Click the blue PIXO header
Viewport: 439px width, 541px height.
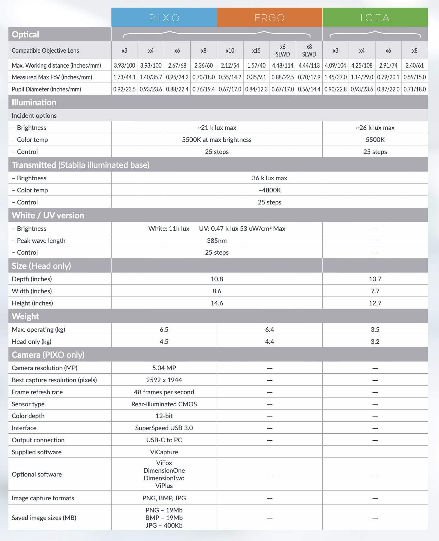click(164, 17)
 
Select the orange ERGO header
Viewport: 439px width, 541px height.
click(269, 17)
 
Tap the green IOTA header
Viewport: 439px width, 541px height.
click(375, 17)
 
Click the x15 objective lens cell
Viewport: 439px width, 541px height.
click(256, 50)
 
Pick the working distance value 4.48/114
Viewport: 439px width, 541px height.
click(283, 65)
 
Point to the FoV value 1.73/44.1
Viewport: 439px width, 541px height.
click(124, 77)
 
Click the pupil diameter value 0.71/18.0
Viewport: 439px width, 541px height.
click(415, 89)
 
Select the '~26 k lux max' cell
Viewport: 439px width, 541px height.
click(375, 128)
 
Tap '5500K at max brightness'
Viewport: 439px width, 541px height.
click(217, 140)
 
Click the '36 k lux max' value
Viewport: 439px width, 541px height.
click(269, 178)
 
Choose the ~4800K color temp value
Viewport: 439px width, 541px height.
click(269, 190)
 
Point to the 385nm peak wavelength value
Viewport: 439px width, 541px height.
click(217, 241)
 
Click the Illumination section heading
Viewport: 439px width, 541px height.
click(34, 102)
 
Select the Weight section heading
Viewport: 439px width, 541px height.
click(25, 316)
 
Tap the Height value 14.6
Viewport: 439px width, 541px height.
click(217, 303)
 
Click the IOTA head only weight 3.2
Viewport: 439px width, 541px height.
click(375, 342)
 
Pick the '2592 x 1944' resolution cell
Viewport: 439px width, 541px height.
click(164, 380)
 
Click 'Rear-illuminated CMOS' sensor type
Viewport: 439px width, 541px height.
click(164, 404)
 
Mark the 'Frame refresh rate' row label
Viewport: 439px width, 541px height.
click(37, 392)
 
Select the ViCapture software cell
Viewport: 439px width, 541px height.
click(164, 452)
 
